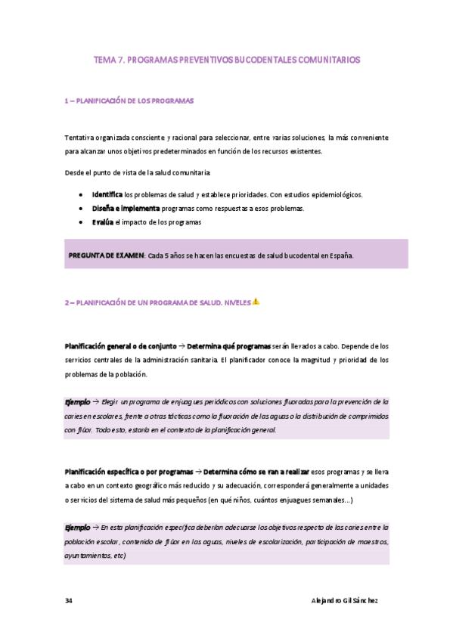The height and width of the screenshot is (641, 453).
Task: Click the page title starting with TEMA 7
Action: coord(226,59)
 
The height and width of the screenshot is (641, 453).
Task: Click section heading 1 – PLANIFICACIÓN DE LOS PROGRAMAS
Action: coord(129,101)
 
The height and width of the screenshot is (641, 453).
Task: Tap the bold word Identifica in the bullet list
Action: coord(107,194)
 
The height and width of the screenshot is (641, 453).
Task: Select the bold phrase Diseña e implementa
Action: coord(126,208)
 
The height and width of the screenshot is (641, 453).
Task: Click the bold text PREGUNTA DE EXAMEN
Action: coord(106,255)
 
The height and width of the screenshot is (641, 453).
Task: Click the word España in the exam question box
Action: coord(339,255)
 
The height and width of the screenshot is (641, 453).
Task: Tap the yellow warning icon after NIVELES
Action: coord(256,302)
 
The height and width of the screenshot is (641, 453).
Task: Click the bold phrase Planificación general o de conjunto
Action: coord(122,345)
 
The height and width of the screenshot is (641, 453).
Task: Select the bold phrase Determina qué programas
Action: coord(228,345)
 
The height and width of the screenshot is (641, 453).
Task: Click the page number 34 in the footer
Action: coord(69,600)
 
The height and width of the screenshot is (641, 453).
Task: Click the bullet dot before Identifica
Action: coord(81,195)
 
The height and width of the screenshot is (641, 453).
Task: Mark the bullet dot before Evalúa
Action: coord(81,222)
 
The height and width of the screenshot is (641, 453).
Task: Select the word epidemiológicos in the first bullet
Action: coord(334,194)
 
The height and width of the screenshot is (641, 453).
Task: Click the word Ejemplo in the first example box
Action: coord(77,401)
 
